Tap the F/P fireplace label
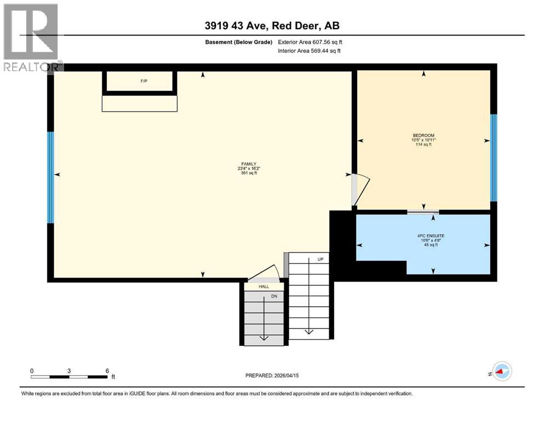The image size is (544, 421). [x=144, y=81]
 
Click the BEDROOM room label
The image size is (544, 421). [x=423, y=135]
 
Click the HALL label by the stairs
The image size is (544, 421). [x=264, y=286]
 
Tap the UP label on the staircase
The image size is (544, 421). [x=320, y=259]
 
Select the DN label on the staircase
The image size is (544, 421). [x=274, y=297]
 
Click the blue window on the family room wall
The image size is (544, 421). [x=50, y=177]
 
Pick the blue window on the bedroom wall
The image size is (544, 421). [x=493, y=157]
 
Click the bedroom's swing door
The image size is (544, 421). [x=360, y=189]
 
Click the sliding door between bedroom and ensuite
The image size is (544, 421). [x=423, y=212]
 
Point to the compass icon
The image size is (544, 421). [x=501, y=372]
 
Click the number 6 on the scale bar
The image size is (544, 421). [x=107, y=371]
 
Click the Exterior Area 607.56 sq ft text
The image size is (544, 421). [x=310, y=42]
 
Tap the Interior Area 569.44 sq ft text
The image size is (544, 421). [x=310, y=51]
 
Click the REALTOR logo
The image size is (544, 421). [x=31, y=37]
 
